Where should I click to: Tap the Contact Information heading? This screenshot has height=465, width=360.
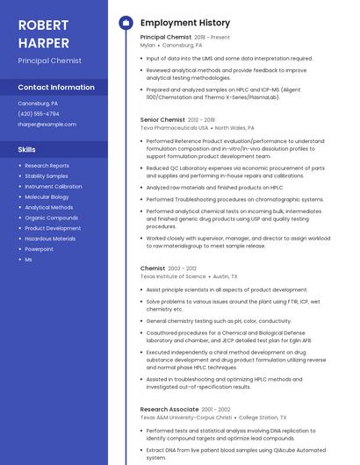click(x=56, y=88)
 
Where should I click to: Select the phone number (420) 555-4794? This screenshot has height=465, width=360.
click(x=39, y=114)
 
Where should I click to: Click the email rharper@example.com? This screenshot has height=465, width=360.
click(x=47, y=125)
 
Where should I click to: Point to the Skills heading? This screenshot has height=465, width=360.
click(x=27, y=149)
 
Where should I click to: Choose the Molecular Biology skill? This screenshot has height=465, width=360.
click(x=47, y=197)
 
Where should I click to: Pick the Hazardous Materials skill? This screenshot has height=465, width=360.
click(x=50, y=239)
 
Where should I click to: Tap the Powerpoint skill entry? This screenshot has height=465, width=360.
click(x=39, y=249)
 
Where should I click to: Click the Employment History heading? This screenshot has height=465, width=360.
click(x=185, y=23)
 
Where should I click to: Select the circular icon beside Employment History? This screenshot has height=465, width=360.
click(x=126, y=23)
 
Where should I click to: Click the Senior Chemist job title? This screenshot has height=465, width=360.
click(x=162, y=119)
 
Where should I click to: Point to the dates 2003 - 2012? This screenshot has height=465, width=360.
click(x=184, y=268)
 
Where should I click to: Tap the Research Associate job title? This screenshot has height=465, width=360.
click(x=169, y=410)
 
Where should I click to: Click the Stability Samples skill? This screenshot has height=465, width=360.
click(x=47, y=176)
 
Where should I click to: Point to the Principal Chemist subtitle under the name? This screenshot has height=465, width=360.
click(x=49, y=61)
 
